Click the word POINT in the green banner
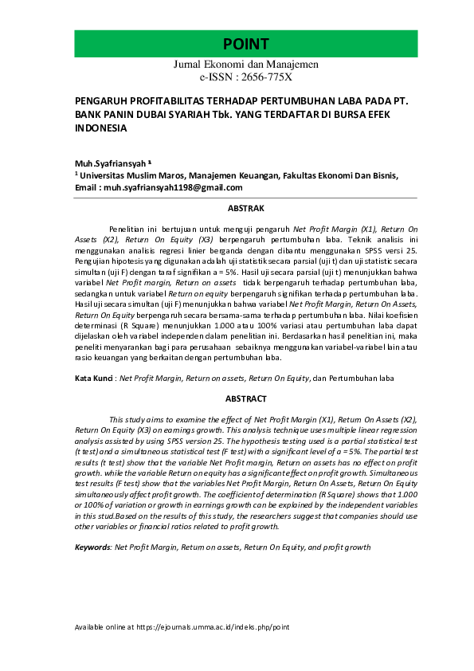point(245,44)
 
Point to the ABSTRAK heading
point(246,208)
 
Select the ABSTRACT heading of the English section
point(246,398)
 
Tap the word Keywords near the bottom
point(92,548)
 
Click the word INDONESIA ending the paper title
point(99,127)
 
